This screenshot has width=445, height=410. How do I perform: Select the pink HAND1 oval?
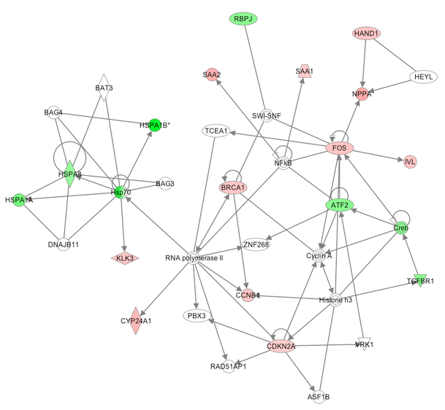point(365,34)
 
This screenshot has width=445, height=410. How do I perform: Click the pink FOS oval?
point(340,148)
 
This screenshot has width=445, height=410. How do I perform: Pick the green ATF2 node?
point(339,205)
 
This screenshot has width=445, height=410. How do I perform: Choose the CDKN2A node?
point(281,346)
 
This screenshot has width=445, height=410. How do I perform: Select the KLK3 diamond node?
point(125,258)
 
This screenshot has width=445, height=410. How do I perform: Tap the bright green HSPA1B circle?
point(155,124)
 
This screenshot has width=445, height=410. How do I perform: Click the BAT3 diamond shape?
point(103,88)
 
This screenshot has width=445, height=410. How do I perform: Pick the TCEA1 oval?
point(217,131)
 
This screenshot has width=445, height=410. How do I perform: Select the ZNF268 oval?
point(256,244)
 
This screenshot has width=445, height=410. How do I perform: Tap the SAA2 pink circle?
point(212,75)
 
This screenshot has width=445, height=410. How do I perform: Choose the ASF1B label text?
point(319,396)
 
